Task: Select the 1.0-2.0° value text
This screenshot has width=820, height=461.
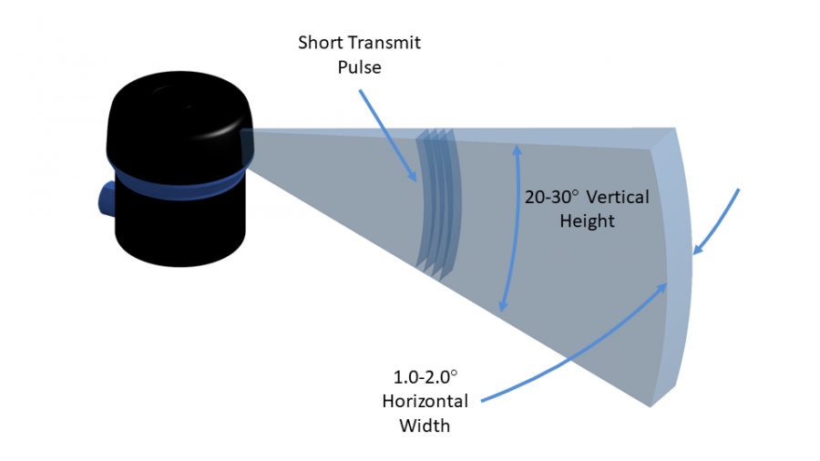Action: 423,377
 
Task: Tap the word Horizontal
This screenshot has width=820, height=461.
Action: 425,401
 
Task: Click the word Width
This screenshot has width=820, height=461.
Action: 425,425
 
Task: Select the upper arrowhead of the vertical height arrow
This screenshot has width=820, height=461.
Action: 517,147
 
